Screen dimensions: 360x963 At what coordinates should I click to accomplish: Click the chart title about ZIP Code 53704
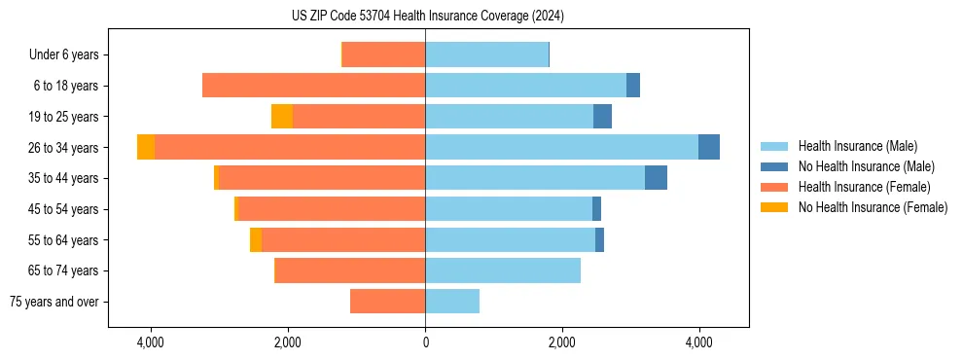(427, 17)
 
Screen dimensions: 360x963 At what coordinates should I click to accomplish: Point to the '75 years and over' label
(54, 302)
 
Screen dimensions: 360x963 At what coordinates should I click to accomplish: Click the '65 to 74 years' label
(65, 270)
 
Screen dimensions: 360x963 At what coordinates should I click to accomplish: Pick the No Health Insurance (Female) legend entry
(873, 207)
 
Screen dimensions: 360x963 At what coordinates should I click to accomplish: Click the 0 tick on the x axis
(425, 343)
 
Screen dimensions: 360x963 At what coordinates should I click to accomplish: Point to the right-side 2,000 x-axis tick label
(562, 343)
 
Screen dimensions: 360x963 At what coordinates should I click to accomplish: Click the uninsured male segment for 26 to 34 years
(709, 147)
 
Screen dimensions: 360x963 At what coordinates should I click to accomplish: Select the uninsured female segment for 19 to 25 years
(282, 117)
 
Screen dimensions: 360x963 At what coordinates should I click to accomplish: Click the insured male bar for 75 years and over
(452, 302)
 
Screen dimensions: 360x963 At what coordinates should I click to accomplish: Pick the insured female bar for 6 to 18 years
(313, 86)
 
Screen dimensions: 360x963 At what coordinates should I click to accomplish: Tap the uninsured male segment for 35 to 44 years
(656, 178)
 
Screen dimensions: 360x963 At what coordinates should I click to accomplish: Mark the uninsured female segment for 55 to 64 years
(256, 239)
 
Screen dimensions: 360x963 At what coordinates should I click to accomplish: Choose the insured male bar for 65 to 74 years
(503, 270)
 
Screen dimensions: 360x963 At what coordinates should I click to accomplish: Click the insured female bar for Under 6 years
(383, 55)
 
